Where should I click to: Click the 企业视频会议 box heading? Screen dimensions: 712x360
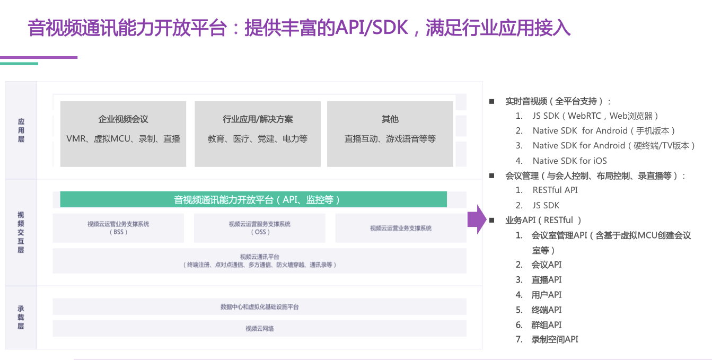click(123, 119)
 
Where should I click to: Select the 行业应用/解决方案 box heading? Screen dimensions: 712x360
click(258, 119)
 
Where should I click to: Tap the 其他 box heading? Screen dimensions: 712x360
click(390, 119)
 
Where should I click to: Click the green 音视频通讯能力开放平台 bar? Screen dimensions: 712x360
click(253, 199)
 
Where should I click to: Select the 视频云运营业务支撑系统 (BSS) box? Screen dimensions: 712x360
click(118, 228)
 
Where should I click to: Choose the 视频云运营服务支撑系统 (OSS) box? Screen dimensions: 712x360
click(259, 228)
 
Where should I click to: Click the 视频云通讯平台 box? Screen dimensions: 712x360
click(259, 260)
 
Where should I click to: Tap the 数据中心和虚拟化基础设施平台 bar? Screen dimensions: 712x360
click(259, 307)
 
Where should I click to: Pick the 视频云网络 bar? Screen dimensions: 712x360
click(259, 329)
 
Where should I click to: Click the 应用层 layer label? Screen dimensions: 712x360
click(21, 130)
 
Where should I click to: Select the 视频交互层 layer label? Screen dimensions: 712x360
click(21, 232)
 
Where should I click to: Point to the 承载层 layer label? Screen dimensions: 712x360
click(21, 317)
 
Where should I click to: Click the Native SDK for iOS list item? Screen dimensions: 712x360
click(569, 161)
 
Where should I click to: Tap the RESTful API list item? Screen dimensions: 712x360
click(555, 190)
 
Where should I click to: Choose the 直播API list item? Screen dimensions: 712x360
click(546, 279)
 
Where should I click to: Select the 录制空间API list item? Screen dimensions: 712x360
click(555, 339)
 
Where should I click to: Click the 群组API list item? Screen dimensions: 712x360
click(546, 324)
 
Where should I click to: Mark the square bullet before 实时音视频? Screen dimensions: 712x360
click(491, 101)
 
